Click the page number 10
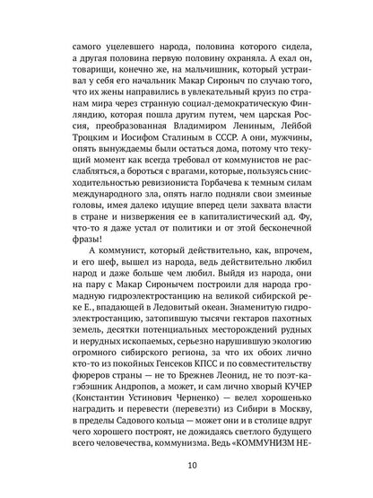pos(186,466)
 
